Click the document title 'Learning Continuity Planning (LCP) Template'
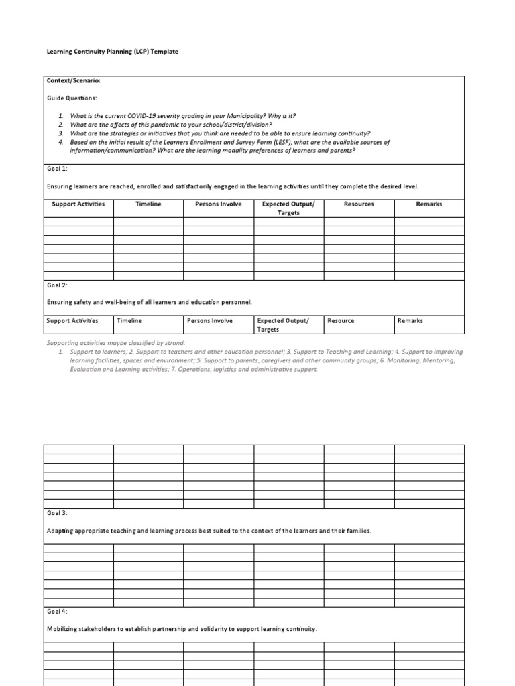112,52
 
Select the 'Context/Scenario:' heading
74,81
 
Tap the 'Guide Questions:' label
72,98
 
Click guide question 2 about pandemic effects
171,124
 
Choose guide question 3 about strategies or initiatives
220,133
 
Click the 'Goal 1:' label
57,169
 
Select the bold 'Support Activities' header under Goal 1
78,204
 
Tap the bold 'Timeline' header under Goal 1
148,204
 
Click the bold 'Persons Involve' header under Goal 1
219,204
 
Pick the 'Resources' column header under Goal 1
359,204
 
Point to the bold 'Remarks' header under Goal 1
429,204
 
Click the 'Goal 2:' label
57,285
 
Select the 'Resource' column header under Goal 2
341,321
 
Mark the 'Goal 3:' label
57,513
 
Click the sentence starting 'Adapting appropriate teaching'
209,531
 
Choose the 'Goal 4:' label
57,611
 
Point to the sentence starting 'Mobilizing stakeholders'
182,629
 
